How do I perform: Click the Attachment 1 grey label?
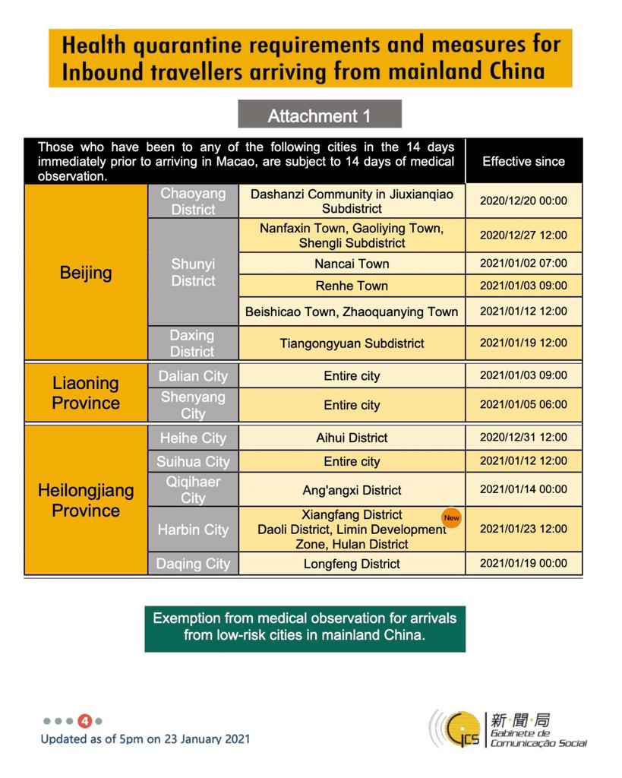click(x=319, y=115)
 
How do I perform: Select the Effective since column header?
click(x=523, y=161)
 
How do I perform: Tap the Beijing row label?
click(x=86, y=272)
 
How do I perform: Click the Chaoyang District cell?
click(x=193, y=201)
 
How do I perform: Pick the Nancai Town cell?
click(x=352, y=264)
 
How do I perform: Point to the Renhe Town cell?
click(x=352, y=286)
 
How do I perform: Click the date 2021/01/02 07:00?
click(x=523, y=264)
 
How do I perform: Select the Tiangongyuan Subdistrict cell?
click(x=352, y=343)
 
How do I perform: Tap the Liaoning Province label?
click(x=86, y=393)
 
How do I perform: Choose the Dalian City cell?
click(x=193, y=376)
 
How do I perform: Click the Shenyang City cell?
click(x=193, y=405)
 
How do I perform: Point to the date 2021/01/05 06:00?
click(x=523, y=405)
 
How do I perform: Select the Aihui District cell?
click(x=352, y=438)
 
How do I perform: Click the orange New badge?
click(x=452, y=517)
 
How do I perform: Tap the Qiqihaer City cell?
click(x=193, y=490)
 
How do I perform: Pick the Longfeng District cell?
click(x=352, y=564)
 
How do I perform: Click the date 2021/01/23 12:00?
click(x=523, y=529)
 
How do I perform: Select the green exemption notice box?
click(x=305, y=628)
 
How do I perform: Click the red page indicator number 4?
click(x=85, y=721)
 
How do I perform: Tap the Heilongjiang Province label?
click(x=86, y=500)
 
